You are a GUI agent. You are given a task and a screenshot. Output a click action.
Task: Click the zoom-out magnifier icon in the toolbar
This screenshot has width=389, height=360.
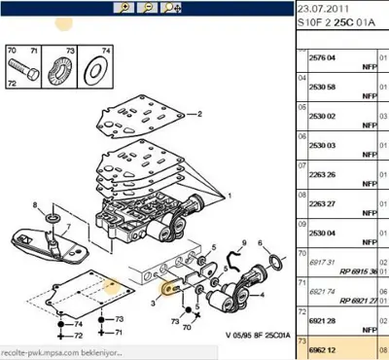click(x=148, y=8)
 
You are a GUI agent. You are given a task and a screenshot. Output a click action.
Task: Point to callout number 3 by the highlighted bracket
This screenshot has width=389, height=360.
click(x=153, y=304)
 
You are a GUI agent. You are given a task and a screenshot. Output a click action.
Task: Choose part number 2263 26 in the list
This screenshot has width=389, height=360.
click(x=321, y=174)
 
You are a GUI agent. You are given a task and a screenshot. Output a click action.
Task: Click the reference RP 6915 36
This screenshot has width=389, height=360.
click(x=354, y=270)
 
